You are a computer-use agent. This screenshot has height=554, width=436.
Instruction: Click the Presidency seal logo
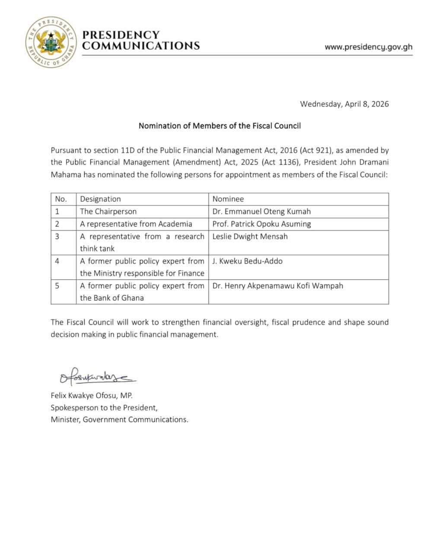(x=51, y=42)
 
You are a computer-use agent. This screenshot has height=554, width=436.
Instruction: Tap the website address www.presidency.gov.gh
(x=368, y=47)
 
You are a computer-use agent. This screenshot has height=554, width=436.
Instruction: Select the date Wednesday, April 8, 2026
(x=344, y=104)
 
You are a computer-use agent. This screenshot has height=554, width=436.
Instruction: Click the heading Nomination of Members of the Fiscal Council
(x=219, y=126)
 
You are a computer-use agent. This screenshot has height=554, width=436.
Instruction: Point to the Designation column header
(x=100, y=199)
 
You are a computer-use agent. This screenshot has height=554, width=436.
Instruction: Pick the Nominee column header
(x=228, y=199)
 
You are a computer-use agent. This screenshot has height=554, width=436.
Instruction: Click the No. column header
(x=61, y=199)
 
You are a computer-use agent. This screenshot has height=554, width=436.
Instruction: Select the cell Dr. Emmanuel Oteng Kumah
(x=261, y=212)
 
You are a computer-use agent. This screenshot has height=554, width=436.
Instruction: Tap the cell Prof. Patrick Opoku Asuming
(x=261, y=224)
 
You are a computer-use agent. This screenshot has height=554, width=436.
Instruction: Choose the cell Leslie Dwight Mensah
(x=250, y=236)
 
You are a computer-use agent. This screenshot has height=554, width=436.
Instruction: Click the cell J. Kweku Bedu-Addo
(x=247, y=261)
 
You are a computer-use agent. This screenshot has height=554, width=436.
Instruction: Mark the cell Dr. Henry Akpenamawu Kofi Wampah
(x=277, y=286)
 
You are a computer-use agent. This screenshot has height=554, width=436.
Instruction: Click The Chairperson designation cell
(x=108, y=212)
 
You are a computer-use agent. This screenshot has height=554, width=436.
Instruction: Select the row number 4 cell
(x=57, y=261)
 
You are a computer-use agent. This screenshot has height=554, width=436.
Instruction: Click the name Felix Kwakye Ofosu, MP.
(x=91, y=396)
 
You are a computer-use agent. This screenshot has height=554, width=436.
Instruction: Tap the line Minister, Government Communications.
(x=119, y=419)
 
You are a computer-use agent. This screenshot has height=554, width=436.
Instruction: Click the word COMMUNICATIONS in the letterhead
(x=141, y=45)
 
